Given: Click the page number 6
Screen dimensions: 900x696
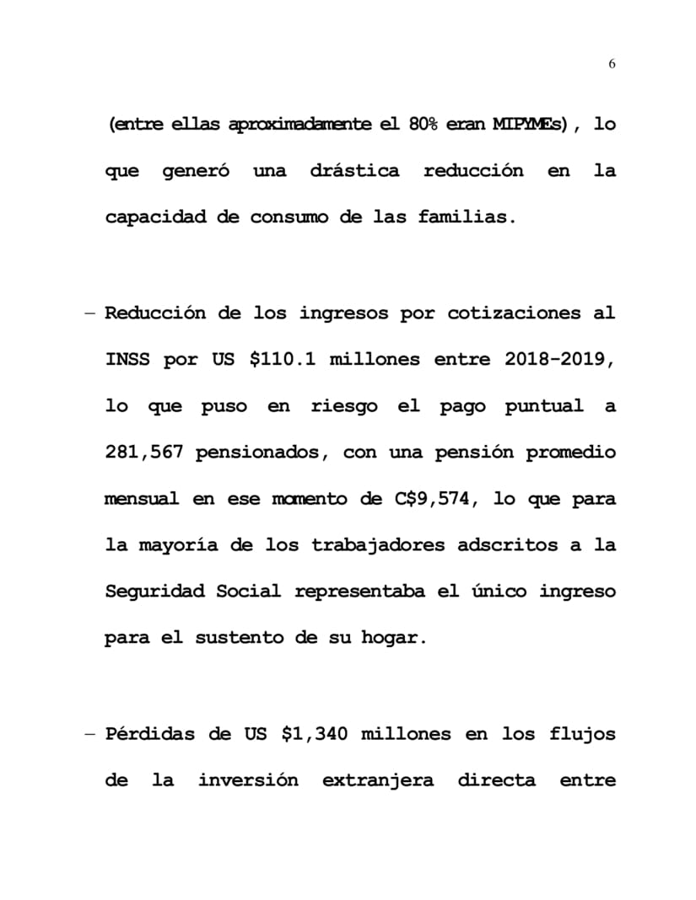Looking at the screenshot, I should (612, 64).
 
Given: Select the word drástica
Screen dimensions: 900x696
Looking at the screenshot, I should (354, 171).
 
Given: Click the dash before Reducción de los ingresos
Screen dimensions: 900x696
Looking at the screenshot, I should (89, 313).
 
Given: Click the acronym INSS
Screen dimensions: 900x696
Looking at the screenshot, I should (127, 360).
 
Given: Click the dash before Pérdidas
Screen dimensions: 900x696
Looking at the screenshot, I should (89, 734).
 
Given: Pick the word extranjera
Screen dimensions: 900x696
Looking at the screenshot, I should (377, 780).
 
